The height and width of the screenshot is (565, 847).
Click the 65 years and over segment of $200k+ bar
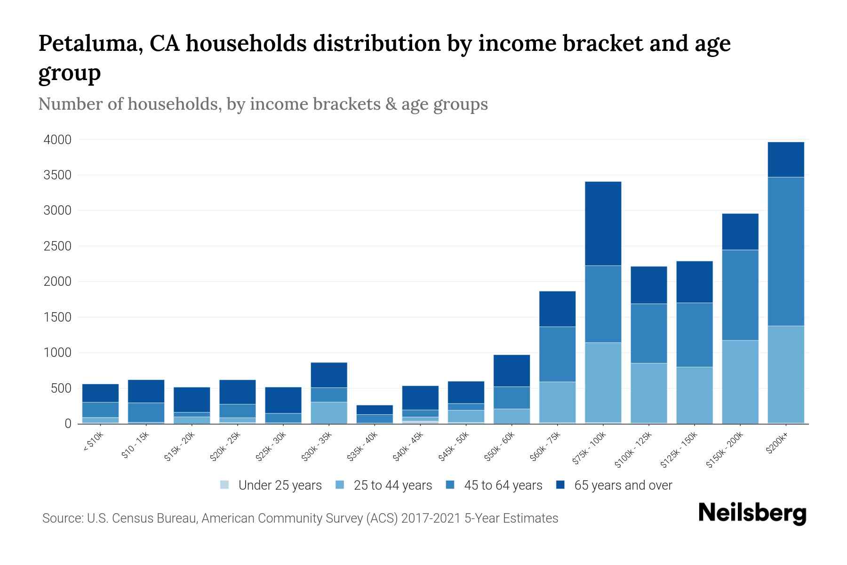point(785,160)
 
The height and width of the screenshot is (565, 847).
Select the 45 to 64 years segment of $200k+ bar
point(785,251)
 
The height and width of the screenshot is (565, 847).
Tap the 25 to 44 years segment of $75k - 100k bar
point(603,382)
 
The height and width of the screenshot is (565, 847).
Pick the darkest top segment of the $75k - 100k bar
point(603,223)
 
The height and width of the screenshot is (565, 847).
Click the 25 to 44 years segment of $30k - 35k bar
point(329,412)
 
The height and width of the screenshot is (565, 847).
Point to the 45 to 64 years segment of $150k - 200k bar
point(740,295)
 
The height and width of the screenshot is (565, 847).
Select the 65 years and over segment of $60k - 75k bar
point(557,309)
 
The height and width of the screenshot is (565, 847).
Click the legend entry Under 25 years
point(280,485)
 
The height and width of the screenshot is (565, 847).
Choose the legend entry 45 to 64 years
point(503,485)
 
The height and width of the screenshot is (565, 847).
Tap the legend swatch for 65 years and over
point(560,485)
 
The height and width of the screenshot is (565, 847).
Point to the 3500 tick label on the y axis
point(57,175)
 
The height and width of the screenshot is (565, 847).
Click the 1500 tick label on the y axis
point(57,317)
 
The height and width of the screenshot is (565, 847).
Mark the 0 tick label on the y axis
point(68,424)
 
